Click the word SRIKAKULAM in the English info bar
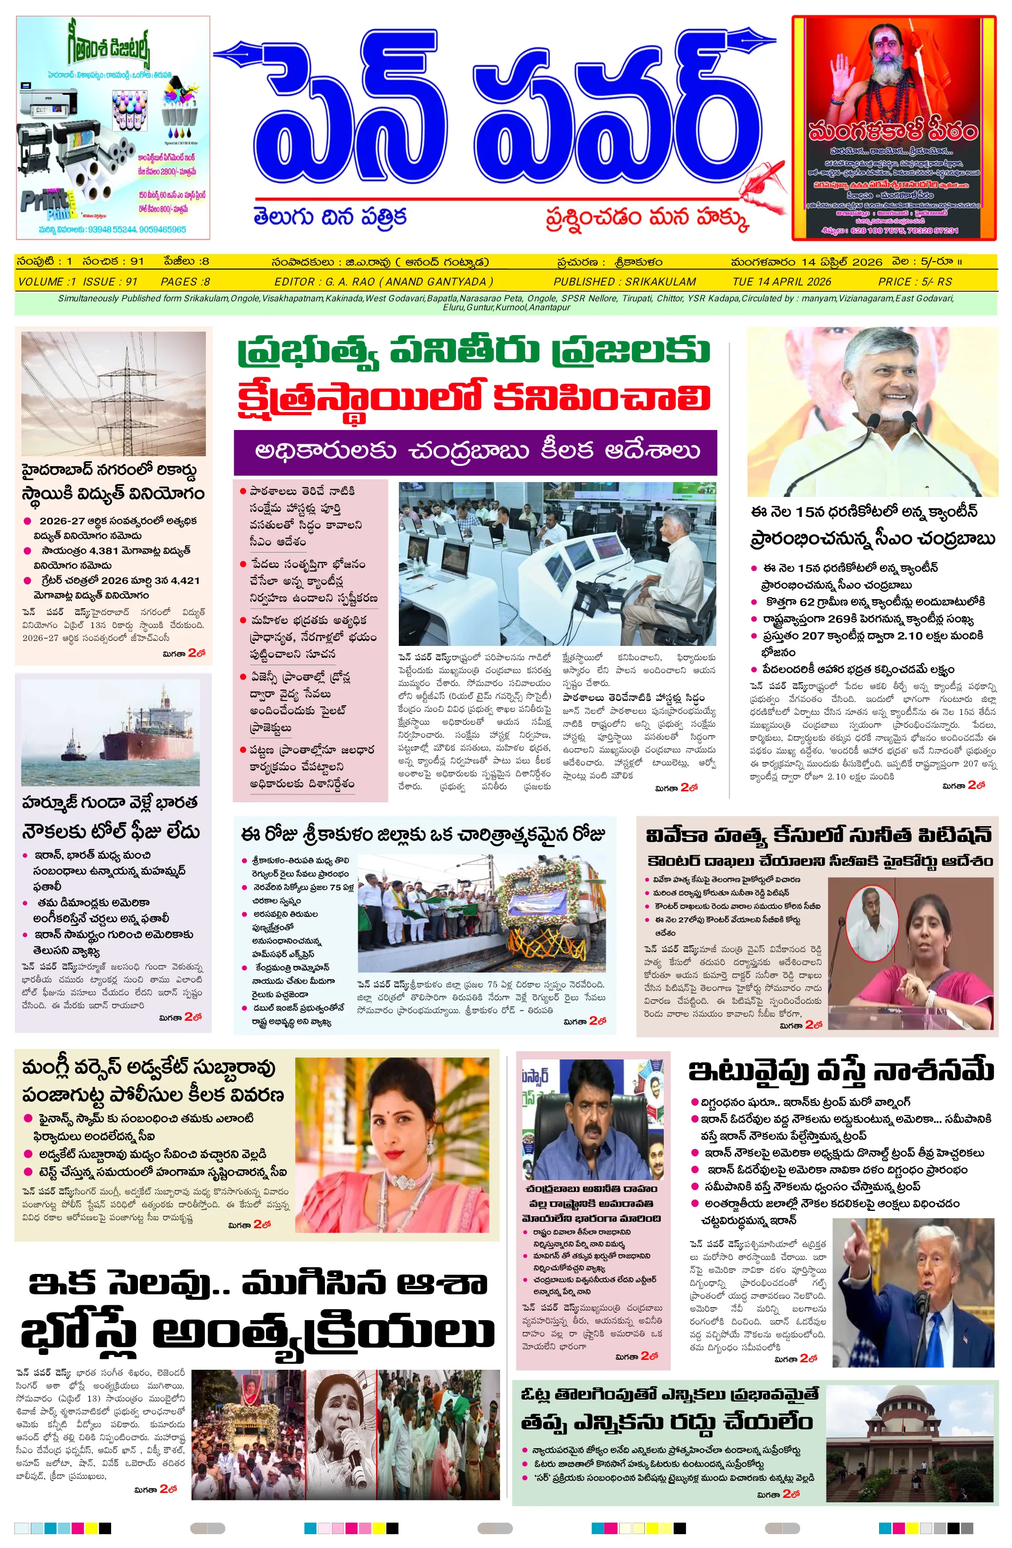660,281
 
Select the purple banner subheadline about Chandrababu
475,451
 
